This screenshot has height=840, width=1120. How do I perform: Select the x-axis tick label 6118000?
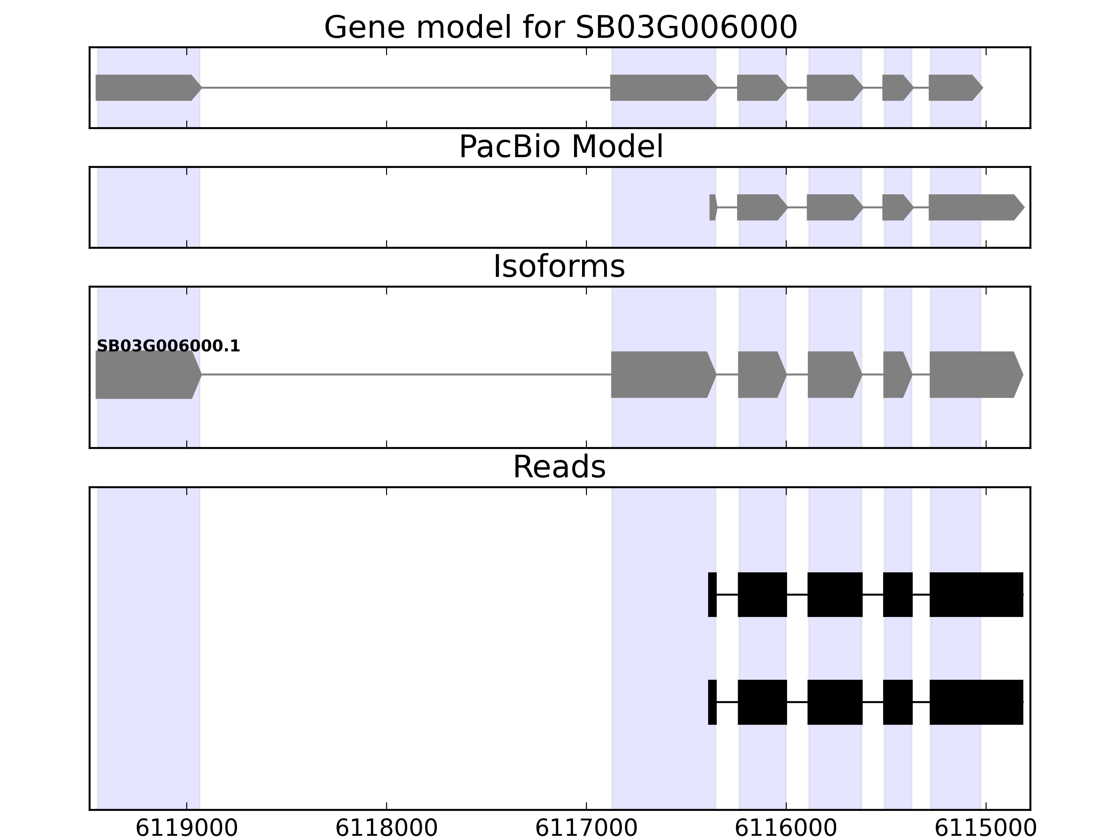pyautogui.click(x=386, y=828)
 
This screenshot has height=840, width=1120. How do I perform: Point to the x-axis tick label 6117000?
pyautogui.click(x=586, y=828)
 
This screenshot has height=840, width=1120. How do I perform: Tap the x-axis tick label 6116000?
pyautogui.click(x=786, y=828)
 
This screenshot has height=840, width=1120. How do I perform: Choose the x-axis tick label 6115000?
pyautogui.click(x=985, y=828)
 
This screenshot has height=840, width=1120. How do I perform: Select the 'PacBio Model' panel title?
pyautogui.click(x=560, y=147)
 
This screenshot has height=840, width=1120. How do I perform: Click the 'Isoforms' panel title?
pyautogui.click(x=559, y=267)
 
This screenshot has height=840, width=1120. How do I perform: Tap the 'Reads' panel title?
pyautogui.click(x=559, y=467)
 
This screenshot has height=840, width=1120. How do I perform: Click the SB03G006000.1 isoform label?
pyautogui.click(x=168, y=346)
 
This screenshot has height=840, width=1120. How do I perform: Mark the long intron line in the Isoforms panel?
pyautogui.click(x=405, y=375)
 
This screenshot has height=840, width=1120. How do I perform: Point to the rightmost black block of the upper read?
pyautogui.click(x=976, y=594)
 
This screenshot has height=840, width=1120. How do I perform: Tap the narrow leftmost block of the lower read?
pyautogui.click(x=712, y=702)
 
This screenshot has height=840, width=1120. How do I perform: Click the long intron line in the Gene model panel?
pyautogui.click(x=405, y=87)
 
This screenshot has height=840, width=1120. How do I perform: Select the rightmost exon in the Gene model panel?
pyautogui.click(x=954, y=87)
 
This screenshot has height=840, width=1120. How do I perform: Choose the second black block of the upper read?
pyautogui.click(x=762, y=594)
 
